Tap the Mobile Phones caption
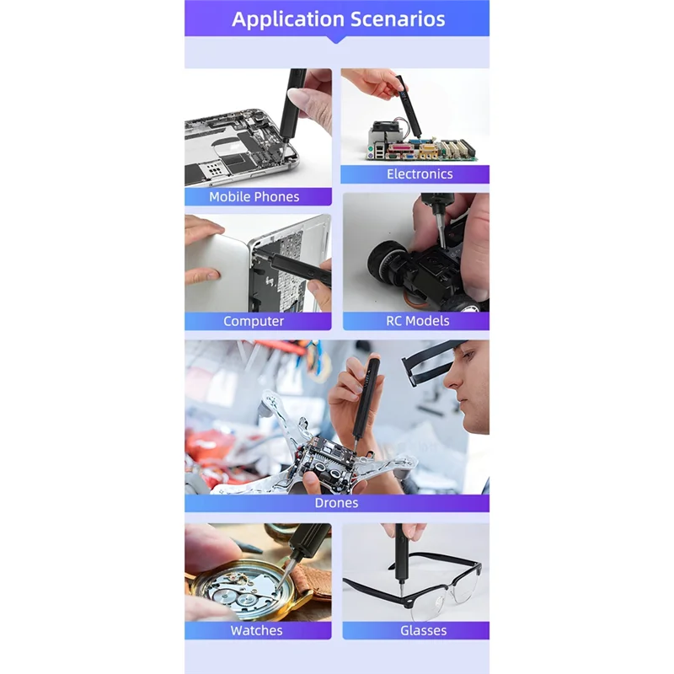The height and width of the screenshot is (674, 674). tap(254, 196)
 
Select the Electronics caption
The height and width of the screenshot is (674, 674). tap(420, 174)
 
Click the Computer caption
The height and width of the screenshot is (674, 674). tap(254, 321)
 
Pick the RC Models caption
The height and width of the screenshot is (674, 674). tap(418, 321)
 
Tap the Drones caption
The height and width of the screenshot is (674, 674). tap(336, 503)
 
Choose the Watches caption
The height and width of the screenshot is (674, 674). tap(257, 630)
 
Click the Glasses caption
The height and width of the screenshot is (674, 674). tap(424, 630)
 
